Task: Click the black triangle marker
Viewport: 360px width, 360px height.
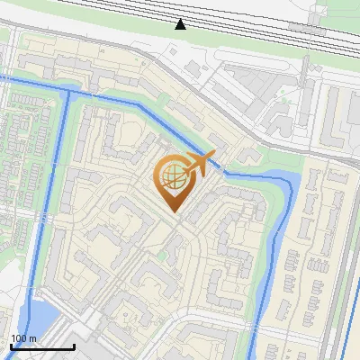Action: point(181,23)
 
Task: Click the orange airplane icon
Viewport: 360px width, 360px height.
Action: point(202,163)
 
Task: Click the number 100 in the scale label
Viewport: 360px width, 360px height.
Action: point(19,338)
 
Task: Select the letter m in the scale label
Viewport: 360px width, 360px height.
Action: point(32,338)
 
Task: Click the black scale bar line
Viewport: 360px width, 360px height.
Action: point(41,347)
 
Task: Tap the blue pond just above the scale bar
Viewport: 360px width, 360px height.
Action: point(39,316)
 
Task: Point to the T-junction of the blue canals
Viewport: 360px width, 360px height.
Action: point(68,90)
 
